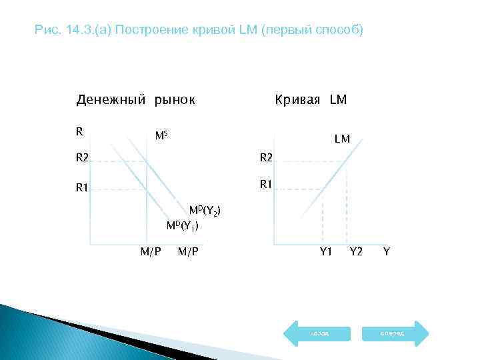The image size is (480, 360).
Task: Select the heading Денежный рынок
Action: point(135,100)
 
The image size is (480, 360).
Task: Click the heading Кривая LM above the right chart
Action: point(311,100)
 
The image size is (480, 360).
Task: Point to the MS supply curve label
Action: point(161,136)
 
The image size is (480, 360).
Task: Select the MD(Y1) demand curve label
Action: point(183,225)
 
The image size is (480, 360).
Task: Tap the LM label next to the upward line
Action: point(342,139)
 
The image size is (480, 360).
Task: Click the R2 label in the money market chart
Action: point(81,159)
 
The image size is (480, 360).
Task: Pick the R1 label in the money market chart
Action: point(81,189)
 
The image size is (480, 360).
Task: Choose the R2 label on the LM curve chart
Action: point(265,159)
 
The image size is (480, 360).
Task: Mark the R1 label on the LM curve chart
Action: point(265,183)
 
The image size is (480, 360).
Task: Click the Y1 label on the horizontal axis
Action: point(325,251)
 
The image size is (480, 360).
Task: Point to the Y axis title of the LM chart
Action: point(387,251)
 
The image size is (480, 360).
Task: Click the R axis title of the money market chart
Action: point(79,131)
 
